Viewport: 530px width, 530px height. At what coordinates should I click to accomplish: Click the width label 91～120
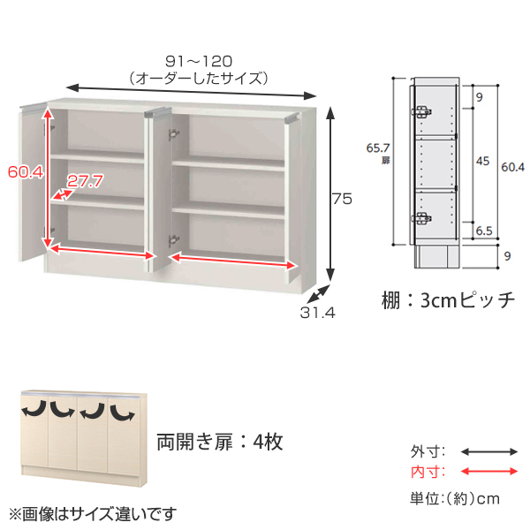point(199,61)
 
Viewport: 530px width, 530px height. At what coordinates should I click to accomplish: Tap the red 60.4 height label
point(26,172)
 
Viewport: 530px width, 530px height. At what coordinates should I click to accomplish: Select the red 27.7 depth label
point(85,181)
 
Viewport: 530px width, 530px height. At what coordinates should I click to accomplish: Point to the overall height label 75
point(342,199)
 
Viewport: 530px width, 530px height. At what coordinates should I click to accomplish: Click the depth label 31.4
point(317,313)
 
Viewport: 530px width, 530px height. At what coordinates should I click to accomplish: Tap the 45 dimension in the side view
point(482,161)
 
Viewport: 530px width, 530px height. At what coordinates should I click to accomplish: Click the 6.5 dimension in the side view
point(484,231)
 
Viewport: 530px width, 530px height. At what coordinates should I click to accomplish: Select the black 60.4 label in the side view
point(512,167)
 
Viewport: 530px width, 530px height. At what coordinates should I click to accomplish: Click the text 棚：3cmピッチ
point(448,300)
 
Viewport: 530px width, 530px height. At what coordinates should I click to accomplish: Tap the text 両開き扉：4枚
point(220,442)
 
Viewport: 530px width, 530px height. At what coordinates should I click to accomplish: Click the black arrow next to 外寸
point(489,451)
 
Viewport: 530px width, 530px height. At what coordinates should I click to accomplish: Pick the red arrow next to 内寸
point(489,471)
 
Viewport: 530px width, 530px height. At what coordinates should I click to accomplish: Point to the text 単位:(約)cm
point(455,498)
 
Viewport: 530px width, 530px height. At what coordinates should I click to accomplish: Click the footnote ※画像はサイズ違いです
point(92,514)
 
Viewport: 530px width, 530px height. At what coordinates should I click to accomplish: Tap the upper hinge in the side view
point(421,112)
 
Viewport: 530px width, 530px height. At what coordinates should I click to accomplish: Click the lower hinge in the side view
point(421,218)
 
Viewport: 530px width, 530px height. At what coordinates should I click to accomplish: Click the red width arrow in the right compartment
point(233,261)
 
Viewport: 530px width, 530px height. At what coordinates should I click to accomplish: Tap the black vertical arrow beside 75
point(330,193)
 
